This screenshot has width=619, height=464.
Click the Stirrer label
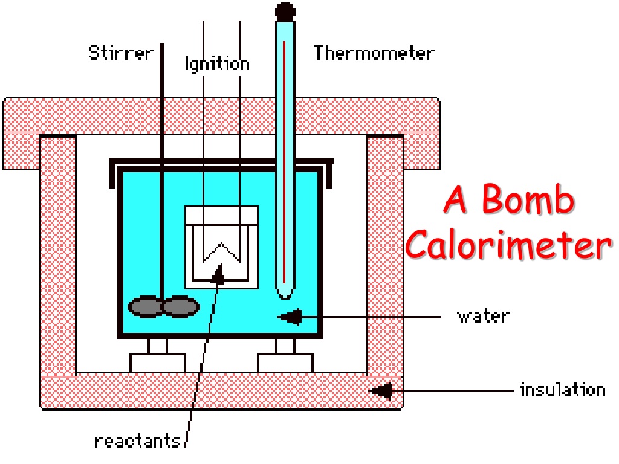click(121, 53)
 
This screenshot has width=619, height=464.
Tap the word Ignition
click(218, 64)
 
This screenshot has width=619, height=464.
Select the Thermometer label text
click(374, 53)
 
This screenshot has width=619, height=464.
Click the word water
click(483, 317)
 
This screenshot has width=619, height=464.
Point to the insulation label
click(563, 390)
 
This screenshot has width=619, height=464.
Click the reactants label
click(137, 441)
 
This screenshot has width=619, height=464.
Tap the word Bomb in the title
click(528, 199)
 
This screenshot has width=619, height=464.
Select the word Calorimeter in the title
click(508, 244)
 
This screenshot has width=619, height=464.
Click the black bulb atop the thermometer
click(285, 11)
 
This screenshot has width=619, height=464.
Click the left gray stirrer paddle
click(145, 306)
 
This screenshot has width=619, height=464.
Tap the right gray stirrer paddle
click(181, 306)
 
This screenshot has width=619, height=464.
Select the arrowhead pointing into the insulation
click(381, 391)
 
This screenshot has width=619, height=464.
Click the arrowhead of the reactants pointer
click(218, 274)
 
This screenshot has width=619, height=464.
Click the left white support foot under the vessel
click(158, 363)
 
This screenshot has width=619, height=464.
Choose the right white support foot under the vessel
click(285, 363)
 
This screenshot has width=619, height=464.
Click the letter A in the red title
click(456, 199)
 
